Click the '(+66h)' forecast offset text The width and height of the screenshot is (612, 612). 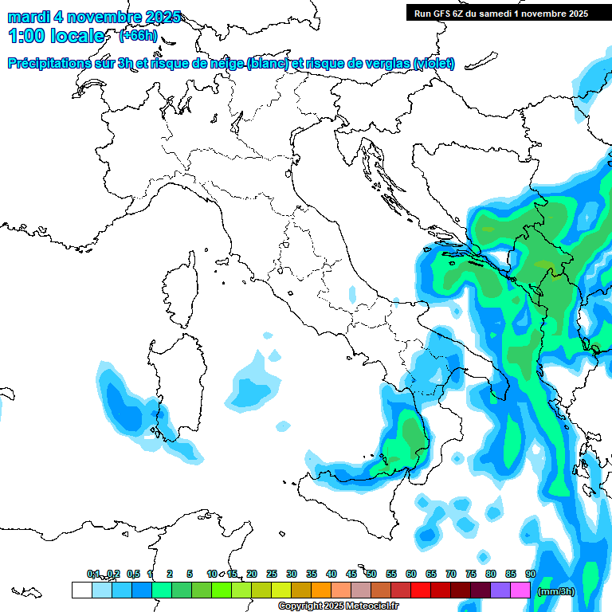point(138,36)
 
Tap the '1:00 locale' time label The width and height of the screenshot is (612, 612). point(56,36)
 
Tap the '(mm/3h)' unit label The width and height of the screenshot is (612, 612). point(555,590)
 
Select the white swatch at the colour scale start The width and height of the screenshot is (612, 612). point(81,590)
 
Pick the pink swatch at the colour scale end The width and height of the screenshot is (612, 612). point(520,590)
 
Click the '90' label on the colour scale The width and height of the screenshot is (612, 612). point(531,574)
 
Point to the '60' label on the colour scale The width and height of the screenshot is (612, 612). point(411,574)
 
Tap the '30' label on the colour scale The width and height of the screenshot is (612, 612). point(292,574)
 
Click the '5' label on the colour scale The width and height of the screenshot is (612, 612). point(190,574)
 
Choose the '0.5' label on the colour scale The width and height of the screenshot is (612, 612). point(133,574)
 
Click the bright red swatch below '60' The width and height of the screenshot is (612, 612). point(421,590)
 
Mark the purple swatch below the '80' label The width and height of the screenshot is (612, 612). point(500,590)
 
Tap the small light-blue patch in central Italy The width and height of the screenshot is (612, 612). point(352,293)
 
